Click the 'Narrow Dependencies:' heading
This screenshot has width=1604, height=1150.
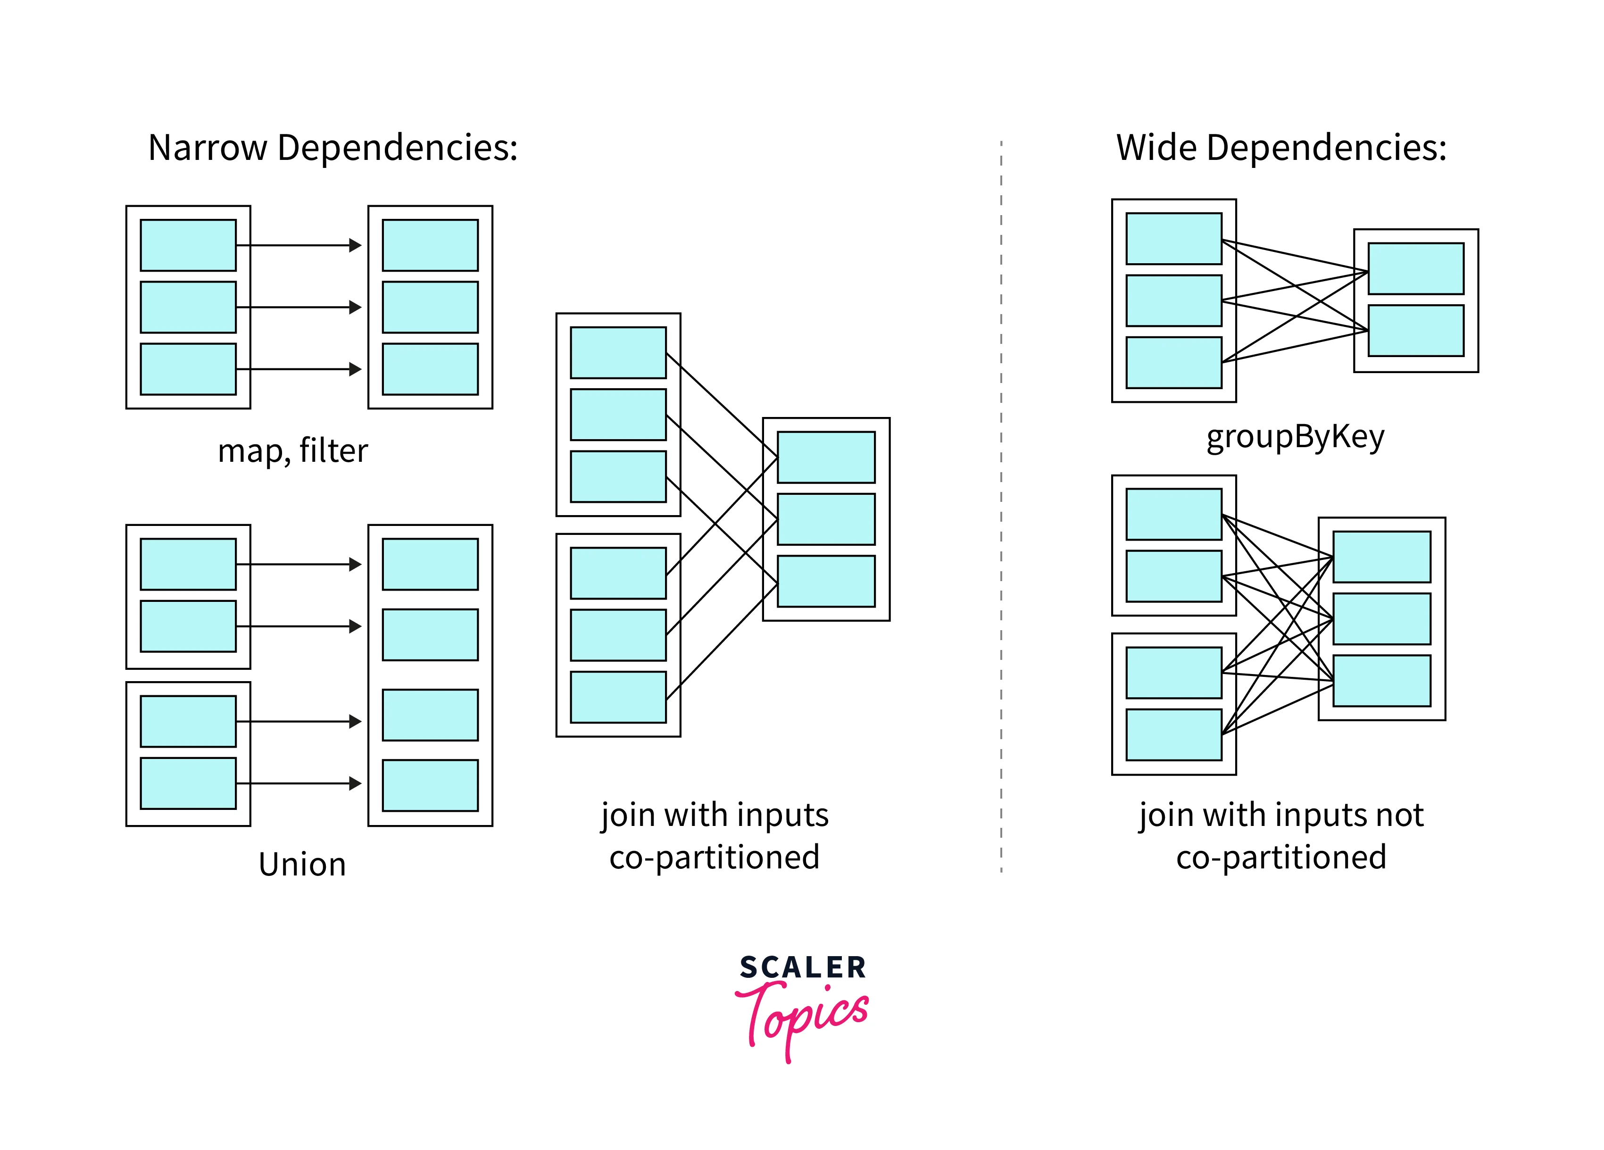point(332,149)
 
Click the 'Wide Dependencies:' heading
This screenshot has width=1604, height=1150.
point(1281,149)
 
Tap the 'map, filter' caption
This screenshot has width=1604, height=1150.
point(293,450)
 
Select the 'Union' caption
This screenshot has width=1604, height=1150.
point(302,864)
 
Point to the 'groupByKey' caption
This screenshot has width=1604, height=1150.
point(1295,436)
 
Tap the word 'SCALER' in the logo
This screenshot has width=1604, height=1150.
point(803,967)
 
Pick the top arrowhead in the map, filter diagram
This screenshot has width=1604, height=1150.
point(356,245)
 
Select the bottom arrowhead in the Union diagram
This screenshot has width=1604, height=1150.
point(356,783)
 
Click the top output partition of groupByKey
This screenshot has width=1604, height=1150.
point(1415,269)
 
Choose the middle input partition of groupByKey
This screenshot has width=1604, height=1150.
point(1173,300)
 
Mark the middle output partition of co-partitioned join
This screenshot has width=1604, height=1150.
point(825,519)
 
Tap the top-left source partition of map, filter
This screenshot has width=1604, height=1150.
point(188,245)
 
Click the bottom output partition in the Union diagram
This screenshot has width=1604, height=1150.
point(430,785)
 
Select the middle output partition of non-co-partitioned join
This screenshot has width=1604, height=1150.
point(1381,619)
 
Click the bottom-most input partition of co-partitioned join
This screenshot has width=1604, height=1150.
point(618,697)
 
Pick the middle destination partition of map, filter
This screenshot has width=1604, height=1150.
point(430,307)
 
